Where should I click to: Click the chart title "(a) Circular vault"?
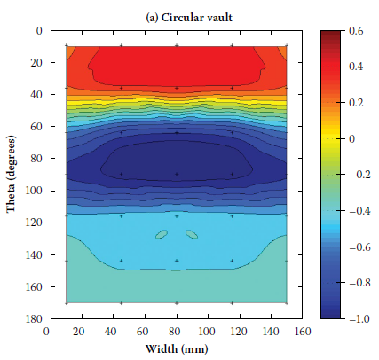tap(189, 18)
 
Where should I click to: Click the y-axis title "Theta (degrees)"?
tap(11, 174)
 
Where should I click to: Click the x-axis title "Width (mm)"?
tap(177, 349)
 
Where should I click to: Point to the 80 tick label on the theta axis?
tap(36, 159)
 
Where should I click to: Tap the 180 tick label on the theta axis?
tap(34, 318)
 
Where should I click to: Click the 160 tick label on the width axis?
tap(302, 332)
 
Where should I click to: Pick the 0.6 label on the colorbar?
tap(356, 31)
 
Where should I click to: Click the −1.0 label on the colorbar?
tap(359, 319)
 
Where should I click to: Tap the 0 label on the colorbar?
tap(351, 139)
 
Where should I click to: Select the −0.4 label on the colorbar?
tap(359, 211)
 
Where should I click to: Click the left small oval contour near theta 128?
tap(162, 234)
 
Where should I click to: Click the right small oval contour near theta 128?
tap(192, 234)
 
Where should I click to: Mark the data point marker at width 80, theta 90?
tap(177, 175)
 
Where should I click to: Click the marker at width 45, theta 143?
tap(122, 261)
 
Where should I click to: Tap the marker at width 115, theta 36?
tap(232, 88)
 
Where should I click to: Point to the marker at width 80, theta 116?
tap(177, 216)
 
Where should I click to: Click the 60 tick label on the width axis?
tap(142, 332)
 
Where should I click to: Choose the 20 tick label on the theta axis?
tap(36, 63)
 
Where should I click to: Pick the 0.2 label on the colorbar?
tap(356, 103)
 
